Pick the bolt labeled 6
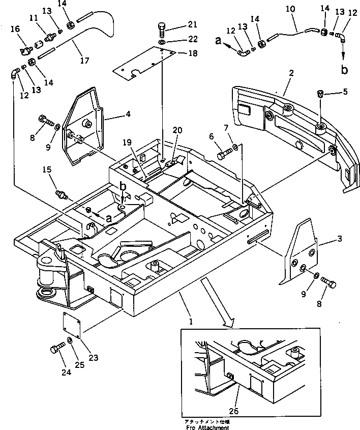pos(224,153)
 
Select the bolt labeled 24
pos(55,350)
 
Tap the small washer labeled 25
pos(69,340)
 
